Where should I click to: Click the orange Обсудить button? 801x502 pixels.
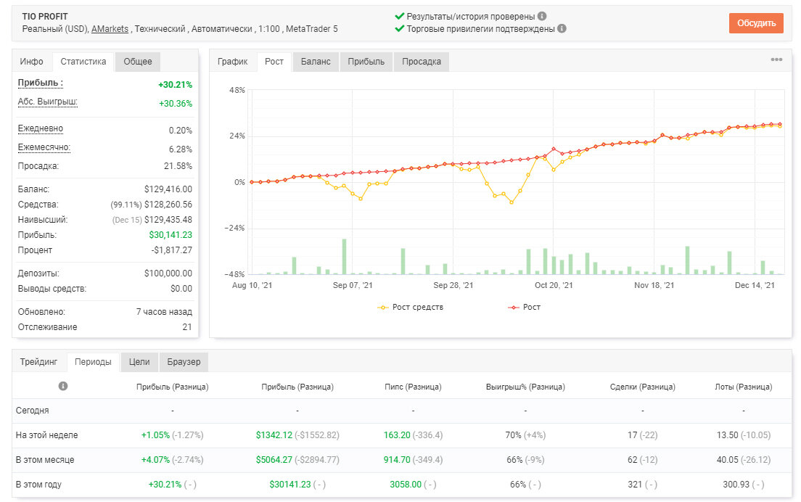click(x=756, y=23)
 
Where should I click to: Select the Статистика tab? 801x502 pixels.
click(x=83, y=61)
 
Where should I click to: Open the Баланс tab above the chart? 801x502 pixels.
click(x=316, y=61)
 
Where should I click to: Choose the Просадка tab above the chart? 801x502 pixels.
click(x=422, y=61)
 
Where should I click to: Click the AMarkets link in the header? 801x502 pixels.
click(x=110, y=29)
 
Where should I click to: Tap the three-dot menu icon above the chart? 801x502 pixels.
click(x=776, y=59)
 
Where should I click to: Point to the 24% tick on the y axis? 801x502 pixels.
click(x=237, y=136)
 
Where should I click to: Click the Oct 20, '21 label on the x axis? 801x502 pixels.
click(x=554, y=285)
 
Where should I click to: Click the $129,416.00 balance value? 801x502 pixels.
click(x=168, y=189)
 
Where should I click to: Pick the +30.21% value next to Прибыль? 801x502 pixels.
click(x=176, y=85)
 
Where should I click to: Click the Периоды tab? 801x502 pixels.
click(x=93, y=361)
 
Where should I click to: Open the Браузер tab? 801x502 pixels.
click(x=184, y=361)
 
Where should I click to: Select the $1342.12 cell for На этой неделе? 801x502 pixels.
click(x=274, y=435)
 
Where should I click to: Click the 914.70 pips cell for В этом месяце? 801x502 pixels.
click(x=397, y=460)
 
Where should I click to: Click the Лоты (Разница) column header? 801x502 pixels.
click(x=743, y=387)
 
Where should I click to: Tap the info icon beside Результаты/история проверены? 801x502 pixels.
click(x=542, y=17)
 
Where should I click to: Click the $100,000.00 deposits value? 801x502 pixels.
click(x=168, y=273)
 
